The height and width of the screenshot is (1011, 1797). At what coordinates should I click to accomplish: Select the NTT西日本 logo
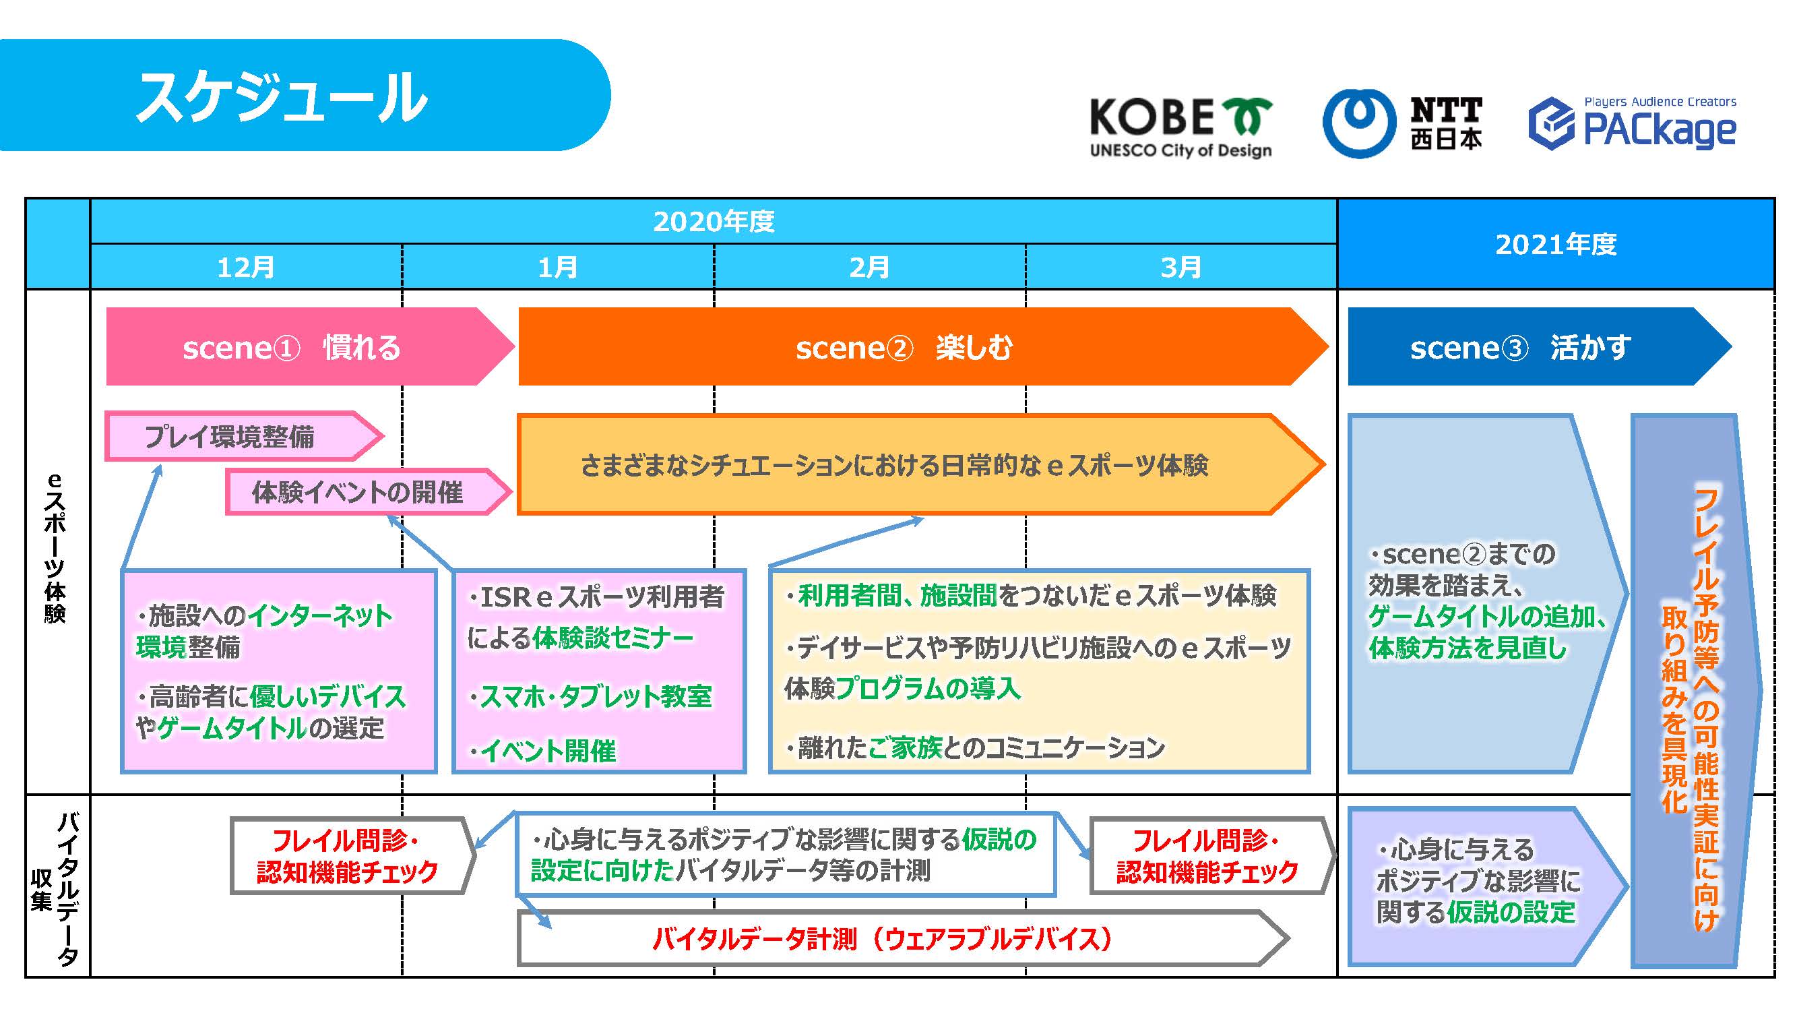click(1402, 124)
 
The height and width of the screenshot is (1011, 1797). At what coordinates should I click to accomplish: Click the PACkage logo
click(1633, 124)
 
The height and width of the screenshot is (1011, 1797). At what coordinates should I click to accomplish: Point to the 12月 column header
click(245, 267)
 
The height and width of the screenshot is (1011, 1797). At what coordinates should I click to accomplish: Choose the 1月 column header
click(557, 267)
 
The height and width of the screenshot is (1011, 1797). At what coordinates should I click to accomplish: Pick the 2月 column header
click(869, 267)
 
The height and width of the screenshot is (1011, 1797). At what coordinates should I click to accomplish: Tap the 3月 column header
click(1180, 267)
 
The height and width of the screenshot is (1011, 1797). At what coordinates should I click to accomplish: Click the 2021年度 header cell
click(1556, 244)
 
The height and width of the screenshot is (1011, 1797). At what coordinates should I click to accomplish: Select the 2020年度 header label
click(714, 222)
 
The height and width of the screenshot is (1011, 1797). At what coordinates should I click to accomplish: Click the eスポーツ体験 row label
click(56, 548)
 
